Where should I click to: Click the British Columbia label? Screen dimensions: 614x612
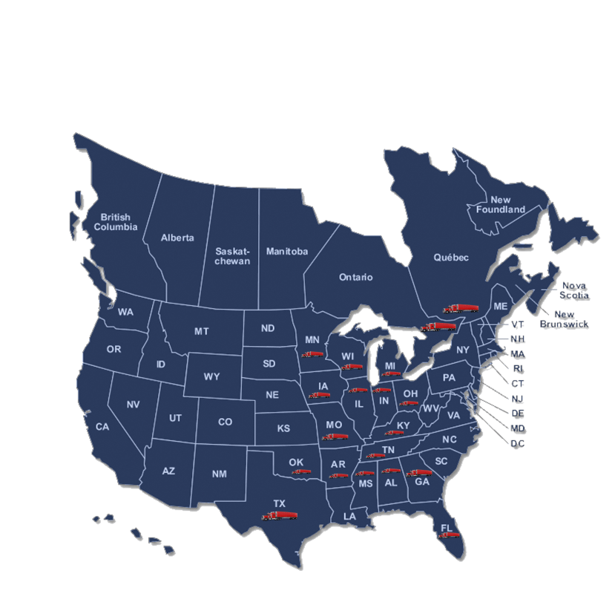pos(115,222)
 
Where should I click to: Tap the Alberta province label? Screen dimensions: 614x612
pos(177,238)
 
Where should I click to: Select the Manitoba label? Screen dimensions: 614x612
pos(286,252)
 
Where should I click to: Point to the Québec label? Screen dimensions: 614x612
pos(451,258)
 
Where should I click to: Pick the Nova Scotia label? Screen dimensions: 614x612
pos(574,290)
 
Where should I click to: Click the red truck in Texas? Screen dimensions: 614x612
pos(280,515)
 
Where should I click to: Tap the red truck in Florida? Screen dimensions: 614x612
pos(450,535)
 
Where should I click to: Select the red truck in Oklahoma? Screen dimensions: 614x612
pos(300,471)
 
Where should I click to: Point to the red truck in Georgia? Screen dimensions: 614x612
pos(419,472)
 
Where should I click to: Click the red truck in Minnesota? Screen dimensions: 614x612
pos(311,354)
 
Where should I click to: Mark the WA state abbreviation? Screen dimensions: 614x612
pos(125,313)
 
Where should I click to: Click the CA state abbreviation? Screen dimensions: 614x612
pos(102,427)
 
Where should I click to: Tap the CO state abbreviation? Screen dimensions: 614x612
pos(225,422)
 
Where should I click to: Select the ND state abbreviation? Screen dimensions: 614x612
pos(268,328)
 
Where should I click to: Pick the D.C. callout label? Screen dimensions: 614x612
pos(517,443)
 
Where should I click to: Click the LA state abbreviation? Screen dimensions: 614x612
pos(349,516)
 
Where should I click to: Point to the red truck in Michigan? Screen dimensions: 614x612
pos(391,373)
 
